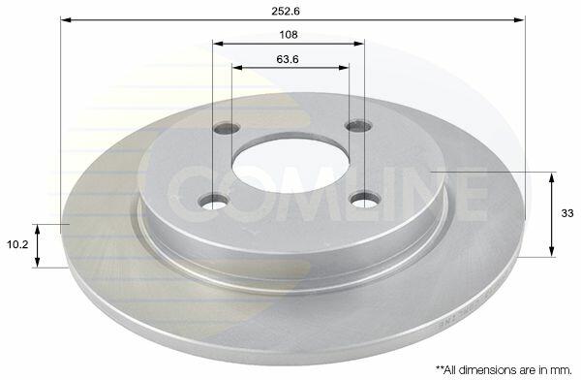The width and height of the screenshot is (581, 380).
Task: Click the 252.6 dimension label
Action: click(286, 11)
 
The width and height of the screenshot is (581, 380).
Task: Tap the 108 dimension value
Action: click(289, 35)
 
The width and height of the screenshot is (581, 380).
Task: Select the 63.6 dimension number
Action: click(288, 59)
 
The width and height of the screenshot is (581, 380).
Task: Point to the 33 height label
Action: click(566, 213)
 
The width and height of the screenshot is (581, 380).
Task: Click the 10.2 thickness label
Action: click(17, 244)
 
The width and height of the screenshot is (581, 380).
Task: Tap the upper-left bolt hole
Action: click(227, 129)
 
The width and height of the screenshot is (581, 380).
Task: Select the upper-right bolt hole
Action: click(358, 126)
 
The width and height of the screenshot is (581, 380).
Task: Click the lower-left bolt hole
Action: click(214, 202)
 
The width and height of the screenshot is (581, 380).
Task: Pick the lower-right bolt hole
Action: click(365, 200)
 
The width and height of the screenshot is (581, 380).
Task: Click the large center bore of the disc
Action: click(290, 165)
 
